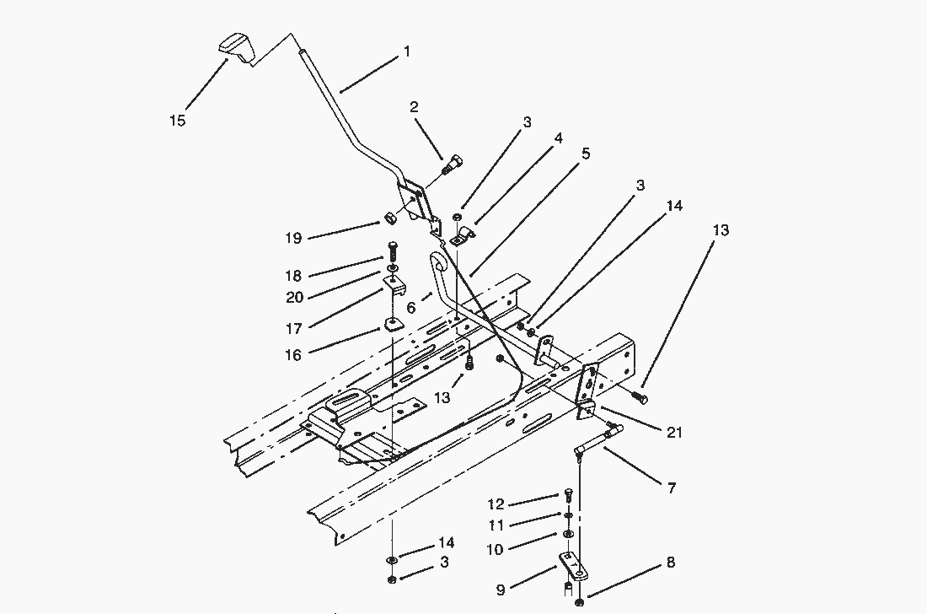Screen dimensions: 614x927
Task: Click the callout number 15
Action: [177, 121]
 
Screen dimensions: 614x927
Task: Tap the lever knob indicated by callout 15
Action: [235, 47]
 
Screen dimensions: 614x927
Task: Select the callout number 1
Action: [407, 52]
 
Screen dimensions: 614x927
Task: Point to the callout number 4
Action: [557, 137]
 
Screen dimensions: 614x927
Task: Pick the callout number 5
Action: [586, 153]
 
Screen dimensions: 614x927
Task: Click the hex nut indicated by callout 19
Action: [390, 219]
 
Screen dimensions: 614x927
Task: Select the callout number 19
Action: [293, 239]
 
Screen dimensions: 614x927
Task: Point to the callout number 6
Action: [410, 309]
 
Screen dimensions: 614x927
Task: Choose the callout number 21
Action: [674, 433]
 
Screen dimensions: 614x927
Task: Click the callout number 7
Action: [672, 487]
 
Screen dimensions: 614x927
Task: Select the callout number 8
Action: [671, 563]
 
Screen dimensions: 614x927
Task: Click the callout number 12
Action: [496, 504]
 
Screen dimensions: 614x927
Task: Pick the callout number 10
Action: [495, 550]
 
